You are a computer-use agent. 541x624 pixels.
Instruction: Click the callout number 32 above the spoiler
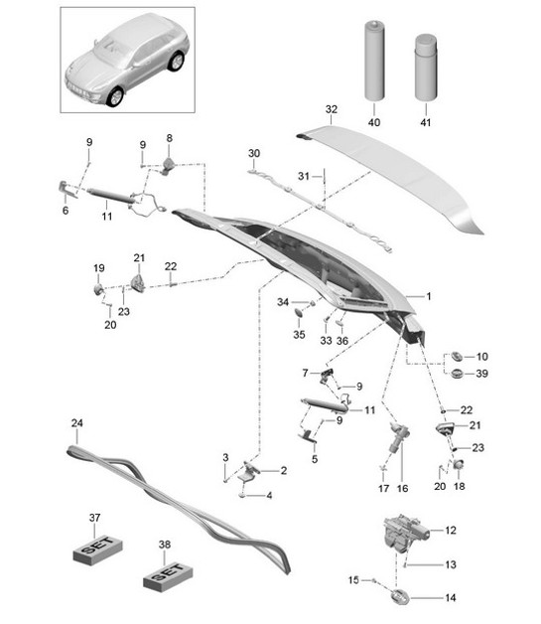[331, 109]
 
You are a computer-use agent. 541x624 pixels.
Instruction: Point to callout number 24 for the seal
[76, 423]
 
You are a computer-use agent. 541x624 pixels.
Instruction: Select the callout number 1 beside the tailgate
[429, 297]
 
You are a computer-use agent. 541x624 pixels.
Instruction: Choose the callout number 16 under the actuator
[403, 489]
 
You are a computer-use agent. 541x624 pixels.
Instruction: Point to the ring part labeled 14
[400, 596]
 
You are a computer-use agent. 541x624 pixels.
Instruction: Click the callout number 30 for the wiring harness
[253, 153]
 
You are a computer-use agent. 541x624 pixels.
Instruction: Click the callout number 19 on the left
[98, 268]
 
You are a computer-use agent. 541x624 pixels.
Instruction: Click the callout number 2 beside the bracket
[283, 470]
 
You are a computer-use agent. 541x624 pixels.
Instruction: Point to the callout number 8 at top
[169, 137]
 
